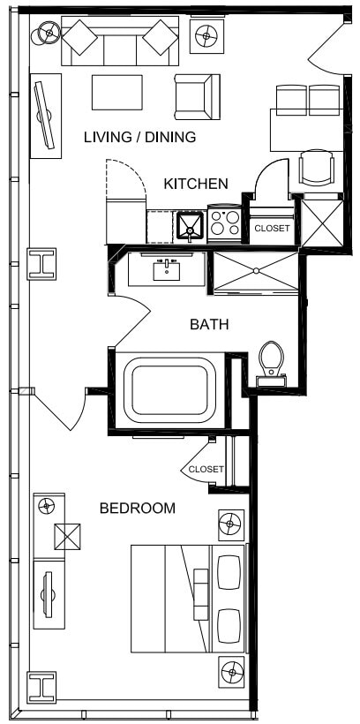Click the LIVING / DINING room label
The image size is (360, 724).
point(139,137)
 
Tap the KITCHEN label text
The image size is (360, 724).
point(196,184)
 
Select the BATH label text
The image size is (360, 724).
point(209,324)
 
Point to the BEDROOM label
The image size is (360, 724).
point(137,508)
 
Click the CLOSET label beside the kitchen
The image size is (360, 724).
point(271,228)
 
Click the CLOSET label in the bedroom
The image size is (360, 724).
point(206,469)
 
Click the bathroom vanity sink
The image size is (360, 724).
point(167,268)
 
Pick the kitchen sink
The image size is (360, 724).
point(190,227)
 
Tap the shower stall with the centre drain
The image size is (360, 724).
point(256,272)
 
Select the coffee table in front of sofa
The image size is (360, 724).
point(117,93)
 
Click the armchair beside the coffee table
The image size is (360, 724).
point(196,95)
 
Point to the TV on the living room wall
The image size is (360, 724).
point(44,116)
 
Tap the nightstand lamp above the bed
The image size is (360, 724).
point(230,524)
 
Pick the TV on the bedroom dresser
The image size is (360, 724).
point(47,593)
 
